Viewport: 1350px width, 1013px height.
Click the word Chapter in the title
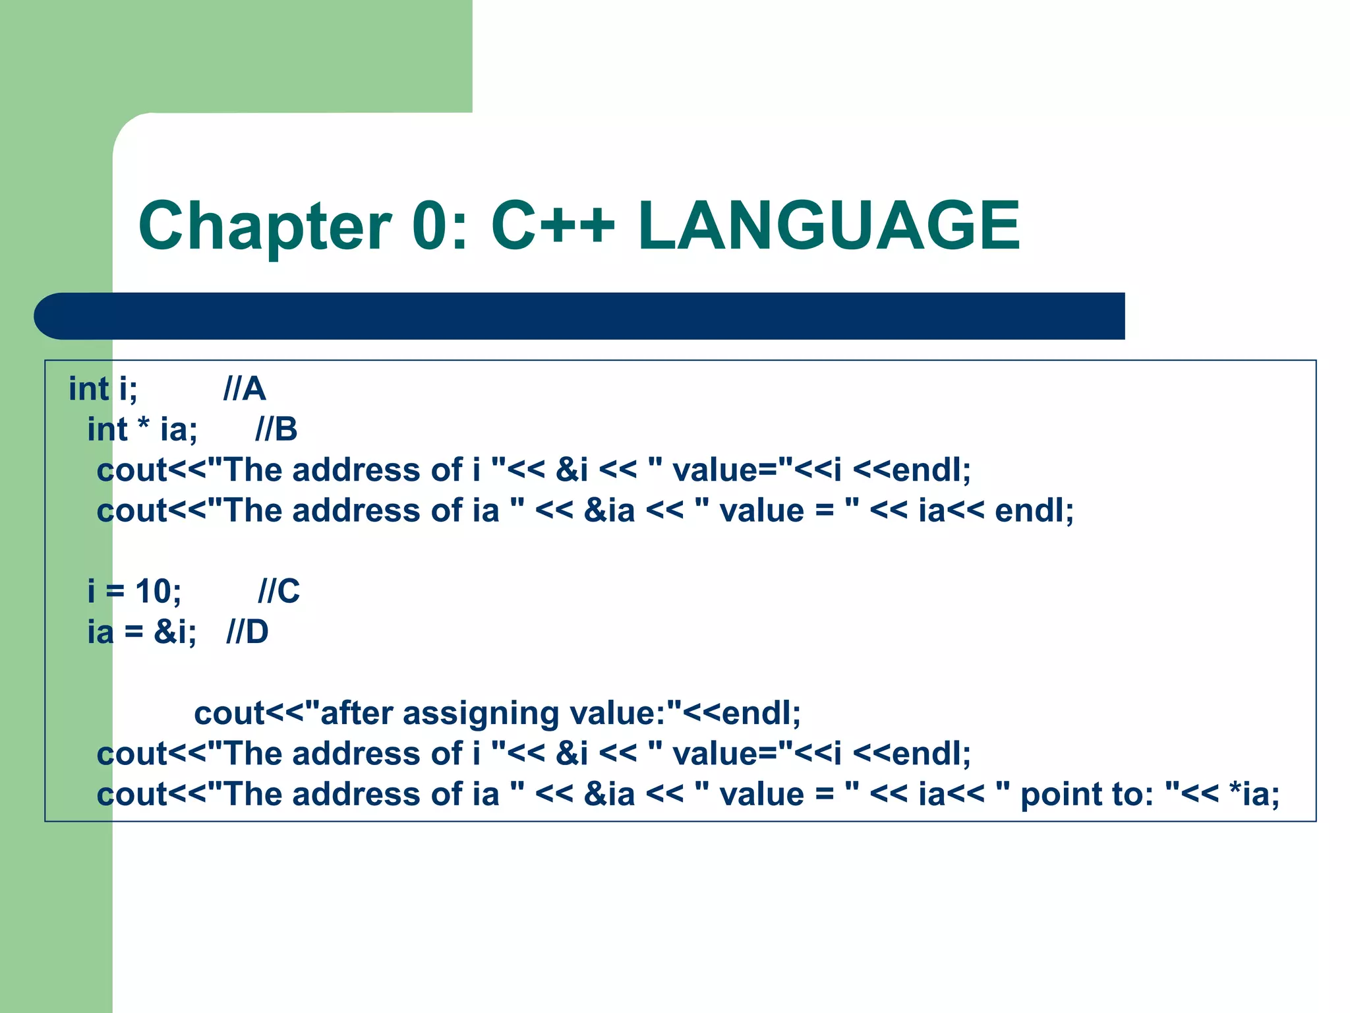(264, 228)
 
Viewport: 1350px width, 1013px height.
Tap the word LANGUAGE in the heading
(829, 226)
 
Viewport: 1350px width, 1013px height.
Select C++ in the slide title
(552, 226)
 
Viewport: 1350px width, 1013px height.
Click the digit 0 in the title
(432, 226)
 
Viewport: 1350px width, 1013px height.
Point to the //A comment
(245, 389)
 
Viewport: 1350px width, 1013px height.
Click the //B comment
(276, 430)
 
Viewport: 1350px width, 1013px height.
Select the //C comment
(279, 592)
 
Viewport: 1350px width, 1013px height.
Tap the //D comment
(247, 632)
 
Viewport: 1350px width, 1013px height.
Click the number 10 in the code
(154, 592)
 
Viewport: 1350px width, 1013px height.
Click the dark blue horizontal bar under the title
(593, 316)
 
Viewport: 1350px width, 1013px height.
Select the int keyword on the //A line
(88, 389)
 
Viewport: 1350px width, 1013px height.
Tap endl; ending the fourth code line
(1034, 511)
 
